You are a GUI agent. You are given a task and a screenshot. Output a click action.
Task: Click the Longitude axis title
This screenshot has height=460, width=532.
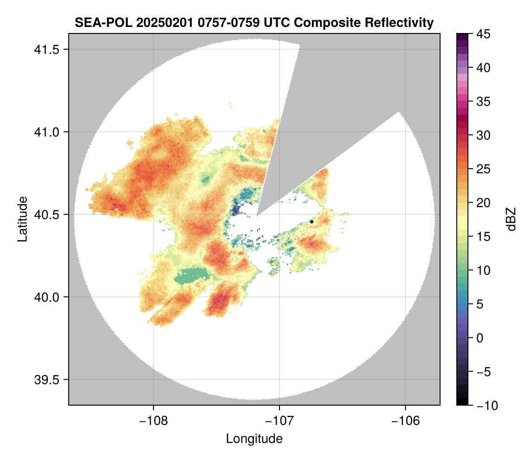[254, 439]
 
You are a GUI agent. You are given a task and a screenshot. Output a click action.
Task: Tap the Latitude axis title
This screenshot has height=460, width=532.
[22, 219]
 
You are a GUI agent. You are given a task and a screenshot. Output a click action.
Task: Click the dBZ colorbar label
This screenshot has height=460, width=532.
[511, 219]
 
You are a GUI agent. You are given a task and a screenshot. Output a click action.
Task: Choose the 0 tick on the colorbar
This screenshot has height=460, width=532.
[480, 338]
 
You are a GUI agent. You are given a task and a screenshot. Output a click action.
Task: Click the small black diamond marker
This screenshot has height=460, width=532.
[311, 222]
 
